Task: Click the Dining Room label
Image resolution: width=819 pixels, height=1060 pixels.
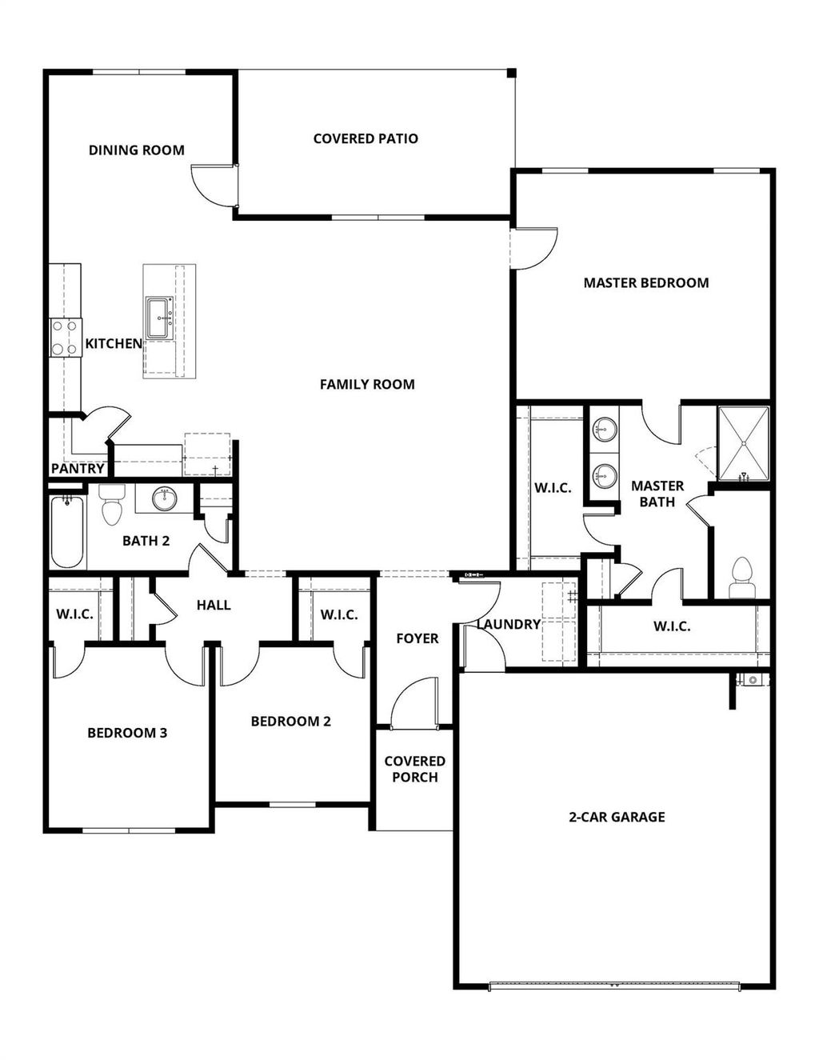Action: coord(136,150)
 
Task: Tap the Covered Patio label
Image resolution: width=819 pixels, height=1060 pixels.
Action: coord(366,138)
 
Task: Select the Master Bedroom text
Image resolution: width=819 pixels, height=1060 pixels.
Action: coord(645,282)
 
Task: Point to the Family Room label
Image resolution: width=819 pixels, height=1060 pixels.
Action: coord(367,384)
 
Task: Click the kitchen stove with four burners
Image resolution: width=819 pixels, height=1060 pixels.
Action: coord(65,337)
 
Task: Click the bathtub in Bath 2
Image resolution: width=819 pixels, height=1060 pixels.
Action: coord(67,532)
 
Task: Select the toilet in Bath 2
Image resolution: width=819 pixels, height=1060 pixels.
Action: coord(111,505)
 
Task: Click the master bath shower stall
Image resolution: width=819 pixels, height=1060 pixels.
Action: coord(743,444)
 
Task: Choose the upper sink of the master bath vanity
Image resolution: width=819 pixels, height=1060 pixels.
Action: coord(605,430)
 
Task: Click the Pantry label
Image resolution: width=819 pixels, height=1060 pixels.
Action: coord(78,468)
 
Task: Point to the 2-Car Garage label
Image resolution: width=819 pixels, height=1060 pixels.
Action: coord(617,817)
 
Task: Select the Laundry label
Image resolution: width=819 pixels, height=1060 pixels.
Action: coord(509,624)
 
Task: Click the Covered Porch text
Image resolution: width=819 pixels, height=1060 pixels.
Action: coord(414,769)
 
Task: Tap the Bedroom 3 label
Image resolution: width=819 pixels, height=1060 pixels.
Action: coord(127,733)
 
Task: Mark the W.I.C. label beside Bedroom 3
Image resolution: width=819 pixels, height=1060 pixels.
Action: coord(74,614)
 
